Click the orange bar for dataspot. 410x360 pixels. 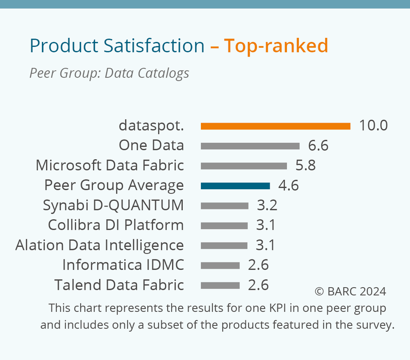pyautogui.click(x=275, y=126)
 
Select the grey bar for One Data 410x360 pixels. pyautogui.click(x=250, y=146)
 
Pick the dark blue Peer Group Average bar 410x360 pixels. pyautogui.click(x=235, y=186)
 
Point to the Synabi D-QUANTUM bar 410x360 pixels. pyautogui.click(x=224, y=206)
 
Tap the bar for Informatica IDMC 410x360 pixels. pyautogui.click(x=220, y=265)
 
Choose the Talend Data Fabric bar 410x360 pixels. pyautogui.click(x=220, y=285)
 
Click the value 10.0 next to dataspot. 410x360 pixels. pyautogui.click(x=373, y=126)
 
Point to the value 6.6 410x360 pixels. pyautogui.click(x=318, y=146)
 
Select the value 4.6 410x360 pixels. pyautogui.click(x=288, y=186)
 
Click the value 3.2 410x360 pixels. pyautogui.click(x=267, y=206)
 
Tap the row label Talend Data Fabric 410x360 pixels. pyautogui.click(x=119, y=285)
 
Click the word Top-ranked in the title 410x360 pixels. pyautogui.click(x=276, y=46)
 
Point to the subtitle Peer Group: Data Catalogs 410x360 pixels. pyautogui.click(x=109, y=73)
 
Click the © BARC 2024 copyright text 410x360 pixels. pyautogui.click(x=350, y=291)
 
